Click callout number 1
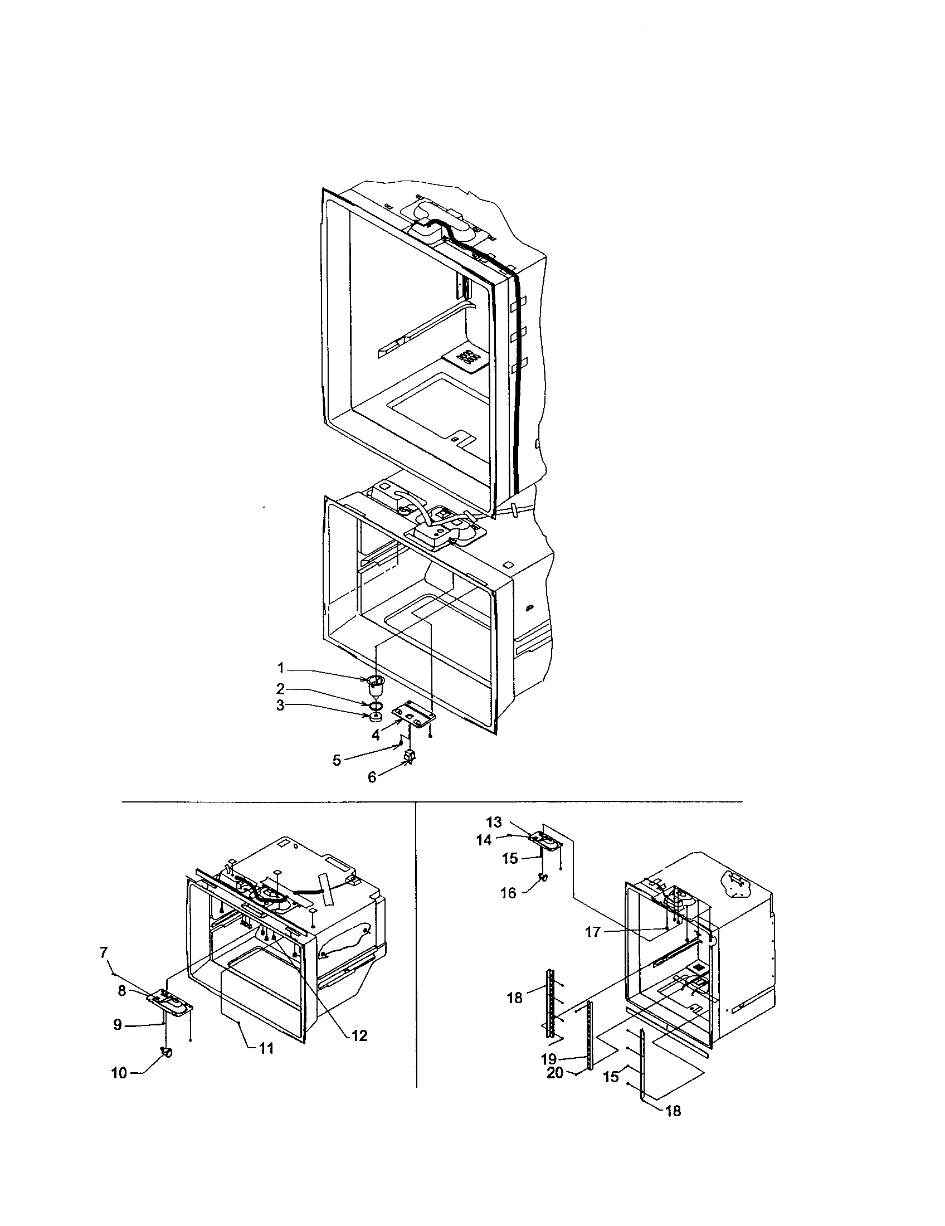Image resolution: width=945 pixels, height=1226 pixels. click(281, 668)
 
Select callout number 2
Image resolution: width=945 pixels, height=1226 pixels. click(281, 688)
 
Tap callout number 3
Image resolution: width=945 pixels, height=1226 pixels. click(281, 705)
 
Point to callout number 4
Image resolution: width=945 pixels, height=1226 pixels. click(376, 736)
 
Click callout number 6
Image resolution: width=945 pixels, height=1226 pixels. click(372, 777)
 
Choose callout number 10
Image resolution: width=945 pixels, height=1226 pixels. click(119, 1073)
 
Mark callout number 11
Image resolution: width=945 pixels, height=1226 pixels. click(266, 1048)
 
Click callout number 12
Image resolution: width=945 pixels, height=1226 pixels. click(359, 1036)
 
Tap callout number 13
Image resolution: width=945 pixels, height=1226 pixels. click(494, 823)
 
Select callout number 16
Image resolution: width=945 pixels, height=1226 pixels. click(508, 893)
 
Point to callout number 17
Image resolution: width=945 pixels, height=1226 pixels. click(593, 932)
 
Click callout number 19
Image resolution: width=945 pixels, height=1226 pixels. click(548, 1059)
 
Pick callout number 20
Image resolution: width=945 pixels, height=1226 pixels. click(555, 1073)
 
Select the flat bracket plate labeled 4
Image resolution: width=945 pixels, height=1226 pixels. click(416, 712)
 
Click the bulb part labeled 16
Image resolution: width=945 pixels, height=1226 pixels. click(543, 877)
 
